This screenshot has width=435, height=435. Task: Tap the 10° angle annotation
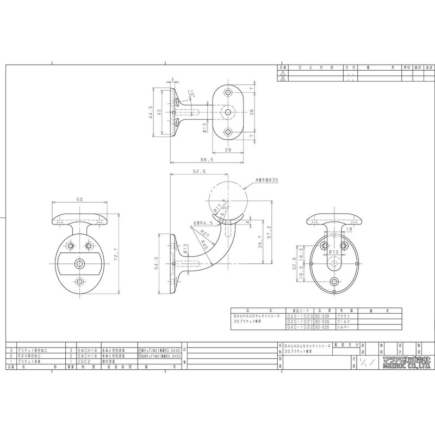coord(192,96)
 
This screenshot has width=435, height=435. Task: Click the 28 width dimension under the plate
coord(228,149)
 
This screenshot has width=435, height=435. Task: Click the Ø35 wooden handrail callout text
coord(267,179)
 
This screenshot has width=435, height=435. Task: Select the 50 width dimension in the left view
coord(79,200)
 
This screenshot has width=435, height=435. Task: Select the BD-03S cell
coord(323,327)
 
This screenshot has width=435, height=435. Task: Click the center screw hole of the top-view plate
coord(228,112)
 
